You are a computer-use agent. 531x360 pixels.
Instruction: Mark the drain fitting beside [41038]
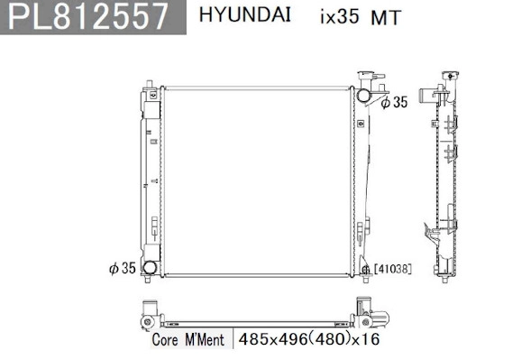click(365, 269)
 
